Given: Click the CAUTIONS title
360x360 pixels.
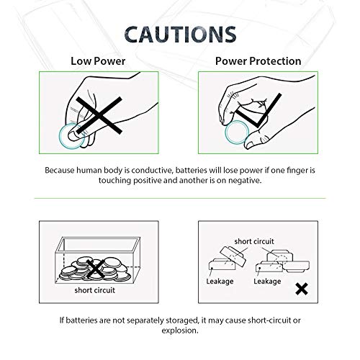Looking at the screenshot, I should pos(179,35).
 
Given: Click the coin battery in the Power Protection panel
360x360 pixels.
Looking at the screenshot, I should pos(238,136).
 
